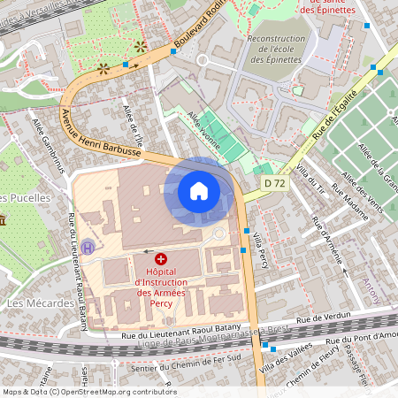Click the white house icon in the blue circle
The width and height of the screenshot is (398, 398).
tap(199, 191)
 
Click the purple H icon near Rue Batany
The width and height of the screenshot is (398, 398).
tap(86, 248)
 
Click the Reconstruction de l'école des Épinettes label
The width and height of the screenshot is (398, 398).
tap(275, 50)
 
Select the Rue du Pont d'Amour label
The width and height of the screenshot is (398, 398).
tap(364, 337)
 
